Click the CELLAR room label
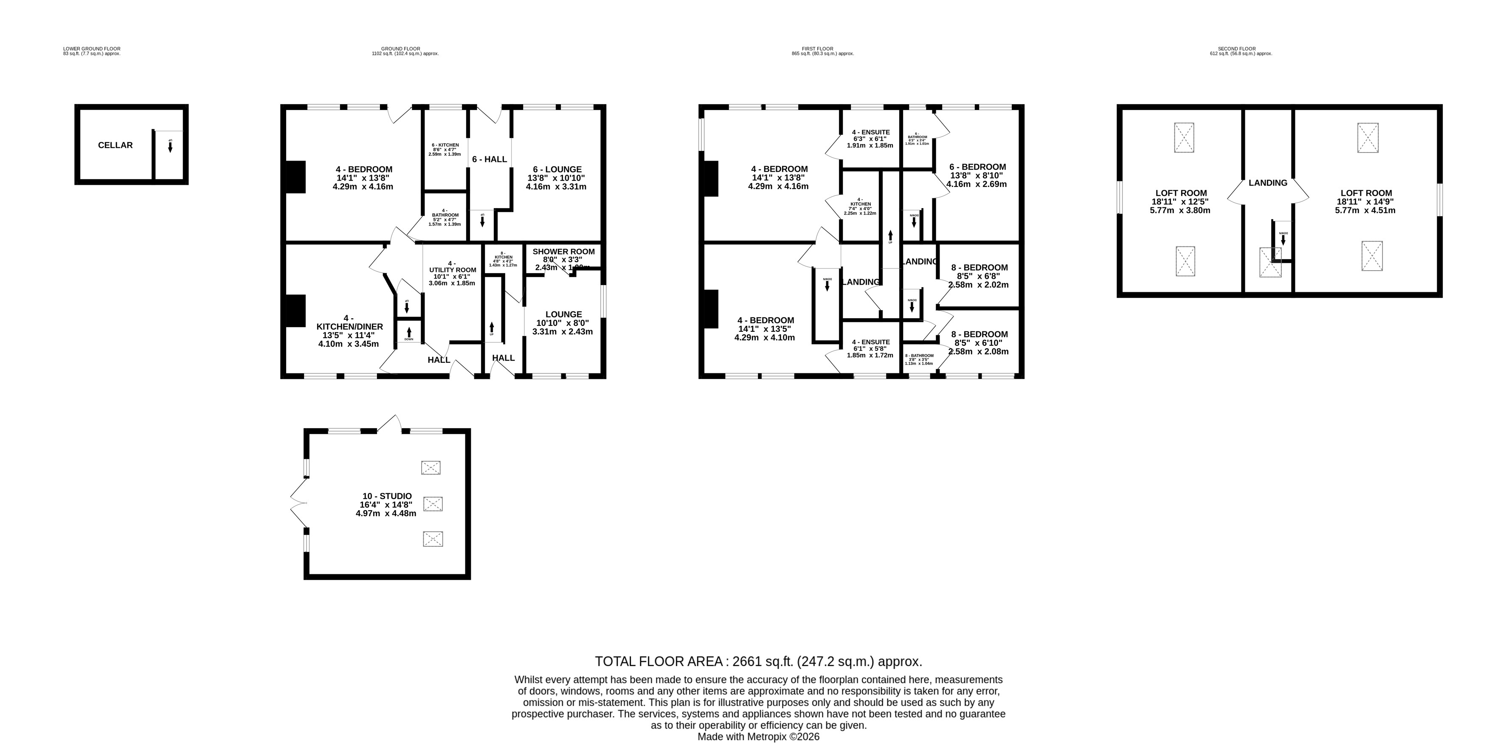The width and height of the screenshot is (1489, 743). pyautogui.click(x=115, y=145)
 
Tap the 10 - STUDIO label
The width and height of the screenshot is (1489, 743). pyautogui.click(x=387, y=496)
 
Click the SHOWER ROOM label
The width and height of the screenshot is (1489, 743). pyautogui.click(x=563, y=251)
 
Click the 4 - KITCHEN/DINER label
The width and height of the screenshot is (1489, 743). pyautogui.click(x=349, y=327)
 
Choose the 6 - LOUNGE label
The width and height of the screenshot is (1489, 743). pyautogui.click(x=555, y=170)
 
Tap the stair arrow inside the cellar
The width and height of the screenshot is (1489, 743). pyautogui.click(x=170, y=147)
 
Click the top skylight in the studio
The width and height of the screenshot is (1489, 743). pyautogui.click(x=431, y=468)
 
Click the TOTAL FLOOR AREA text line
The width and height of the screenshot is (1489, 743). pyautogui.click(x=758, y=661)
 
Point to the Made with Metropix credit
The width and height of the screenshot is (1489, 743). pyautogui.click(x=758, y=737)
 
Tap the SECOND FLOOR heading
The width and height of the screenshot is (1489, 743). pyautogui.click(x=1241, y=49)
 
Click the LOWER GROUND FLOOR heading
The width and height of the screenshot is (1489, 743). pyautogui.click(x=92, y=49)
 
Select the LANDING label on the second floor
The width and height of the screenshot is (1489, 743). pyautogui.click(x=1268, y=183)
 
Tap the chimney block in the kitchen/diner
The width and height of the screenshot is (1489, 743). pyautogui.click(x=296, y=311)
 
